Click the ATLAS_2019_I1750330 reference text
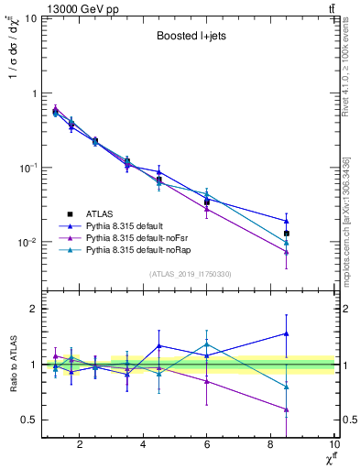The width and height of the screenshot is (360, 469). point(190,274)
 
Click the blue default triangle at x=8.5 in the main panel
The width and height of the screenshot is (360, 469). point(287,221)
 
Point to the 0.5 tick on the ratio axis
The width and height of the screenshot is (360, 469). point(31,420)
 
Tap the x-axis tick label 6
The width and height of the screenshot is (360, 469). point(207,445)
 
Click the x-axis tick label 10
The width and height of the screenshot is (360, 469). point(333,445)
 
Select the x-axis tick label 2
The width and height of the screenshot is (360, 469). point(80,445)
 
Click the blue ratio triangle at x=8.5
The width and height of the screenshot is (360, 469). point(287,333)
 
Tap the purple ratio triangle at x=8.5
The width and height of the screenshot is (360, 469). point(287,409)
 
